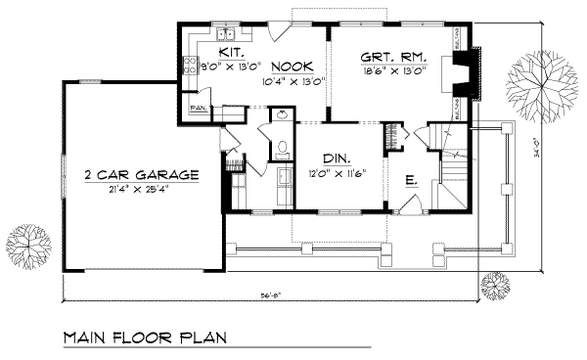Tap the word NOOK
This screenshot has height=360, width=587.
point(292,66)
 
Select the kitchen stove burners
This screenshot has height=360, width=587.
point(190,67)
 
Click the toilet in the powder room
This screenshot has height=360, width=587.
point(281,150)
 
